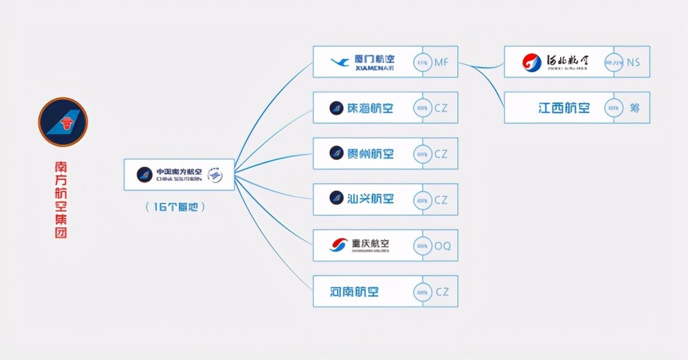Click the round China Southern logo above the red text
tap(63, 122)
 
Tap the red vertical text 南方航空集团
tap(61, 200)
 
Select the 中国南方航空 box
tap(179, 174)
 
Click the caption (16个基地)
tap(175, 207)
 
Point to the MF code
tap(441, 62)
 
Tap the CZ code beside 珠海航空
tap(441, 108)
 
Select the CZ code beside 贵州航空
tap(441, 154)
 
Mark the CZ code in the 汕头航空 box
tap(441, 200)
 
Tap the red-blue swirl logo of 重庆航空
tap(339, 245)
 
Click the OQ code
tap(442, 246)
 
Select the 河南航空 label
tap(355, 291)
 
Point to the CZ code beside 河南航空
tap(441, 292)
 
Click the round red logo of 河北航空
tap(532, 62)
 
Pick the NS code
tap(633, 62)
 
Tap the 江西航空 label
tap(564, 108)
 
